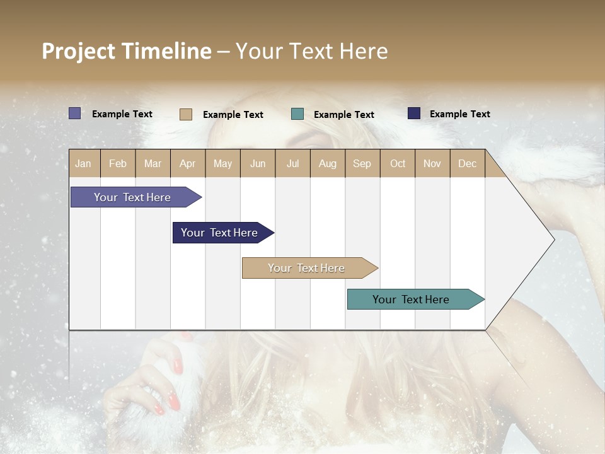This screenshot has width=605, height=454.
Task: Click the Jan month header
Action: pyautogui.click(x=83, y=163)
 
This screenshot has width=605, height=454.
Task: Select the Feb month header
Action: pyautogui.click(x=118, y=163)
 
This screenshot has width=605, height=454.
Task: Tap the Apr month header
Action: pyautogui.click(x=188, y=163)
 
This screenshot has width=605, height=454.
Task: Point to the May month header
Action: pyautogui.click(x=222, y=163)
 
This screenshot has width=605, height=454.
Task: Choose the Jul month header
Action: pyautogui.click(x=292, y=163)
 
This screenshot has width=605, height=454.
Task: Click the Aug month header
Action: pyautogui.click(x=328, y=163)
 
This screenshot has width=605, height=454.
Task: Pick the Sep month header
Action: pyautogui.click(x=362, y=163)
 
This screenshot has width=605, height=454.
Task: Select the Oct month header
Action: pyautogui.click(x=398, y=163)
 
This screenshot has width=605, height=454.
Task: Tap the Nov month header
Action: pyautogui.click(x=432, y=163)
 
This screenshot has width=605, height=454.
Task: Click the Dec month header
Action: pyautogui.click(x=467, y=163)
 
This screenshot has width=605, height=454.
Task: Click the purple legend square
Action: pyautogui.click(x=75, y=113)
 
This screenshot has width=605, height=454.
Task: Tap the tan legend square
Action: pyautogui.click(x=186, y=114)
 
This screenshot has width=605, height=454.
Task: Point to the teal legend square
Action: pyautogui.click(x=297, y=113)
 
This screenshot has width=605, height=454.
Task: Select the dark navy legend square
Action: pyautogui.click(x=414, y=113)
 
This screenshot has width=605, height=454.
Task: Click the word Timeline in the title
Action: pyautogui.click(x=166, y=51)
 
